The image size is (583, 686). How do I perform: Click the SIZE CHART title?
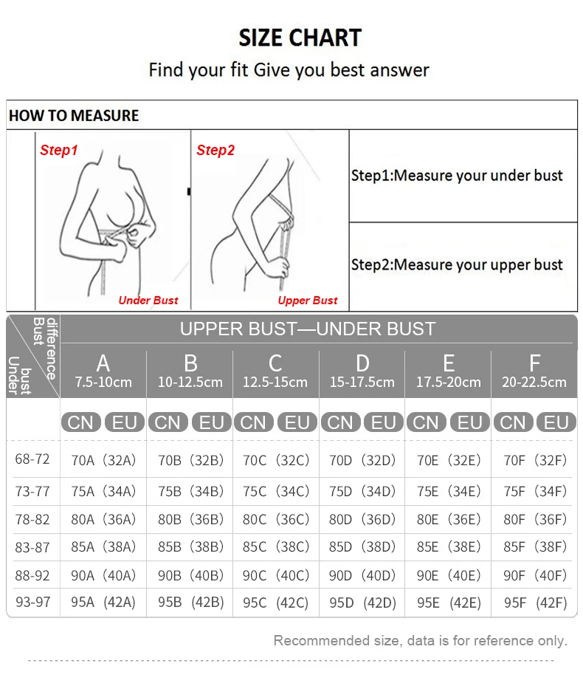[300, 38]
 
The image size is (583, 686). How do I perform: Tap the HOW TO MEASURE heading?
[73, 116]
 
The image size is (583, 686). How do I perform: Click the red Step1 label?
[59, 151]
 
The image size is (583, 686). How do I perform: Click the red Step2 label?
[215, 151]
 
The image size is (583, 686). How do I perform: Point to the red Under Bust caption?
[148, 301]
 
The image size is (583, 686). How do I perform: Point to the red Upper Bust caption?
[308, 301]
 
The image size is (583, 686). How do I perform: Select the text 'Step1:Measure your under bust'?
[457, 176]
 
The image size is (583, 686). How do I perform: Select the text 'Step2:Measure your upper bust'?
[457, 264]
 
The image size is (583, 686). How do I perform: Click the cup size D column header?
[362, 363]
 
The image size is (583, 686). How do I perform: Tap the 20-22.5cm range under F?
[534, 383]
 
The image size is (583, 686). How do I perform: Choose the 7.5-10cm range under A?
[103, 383]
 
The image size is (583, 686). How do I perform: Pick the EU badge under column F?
[556, 422]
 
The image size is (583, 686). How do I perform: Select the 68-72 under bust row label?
[32, 459]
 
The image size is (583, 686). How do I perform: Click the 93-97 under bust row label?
[32, 602]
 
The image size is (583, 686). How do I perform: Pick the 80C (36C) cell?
[276, 519]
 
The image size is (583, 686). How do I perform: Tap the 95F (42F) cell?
[535, 603]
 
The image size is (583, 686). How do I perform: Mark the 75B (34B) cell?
[190, 491]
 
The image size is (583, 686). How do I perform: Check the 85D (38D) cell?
[362, 547]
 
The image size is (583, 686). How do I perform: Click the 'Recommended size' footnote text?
[420, 640]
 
